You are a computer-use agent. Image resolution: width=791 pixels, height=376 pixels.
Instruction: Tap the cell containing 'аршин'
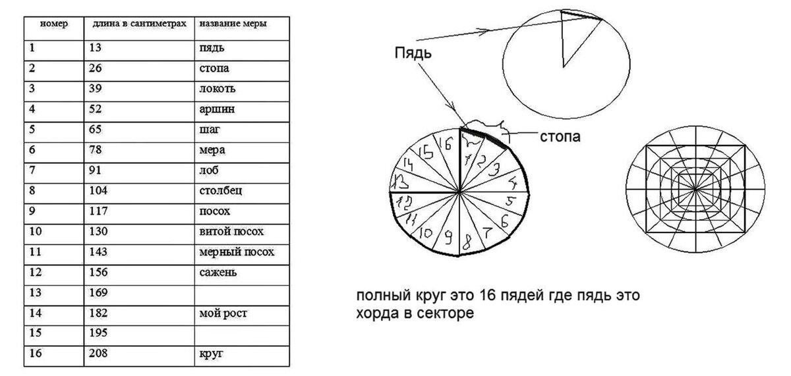pyautogui.click(x=212, y=109)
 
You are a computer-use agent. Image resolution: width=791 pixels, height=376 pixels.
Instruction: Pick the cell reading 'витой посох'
pyautogui.click(x=231, y=232)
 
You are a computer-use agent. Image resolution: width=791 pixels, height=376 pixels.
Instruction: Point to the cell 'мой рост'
pyautogui.click(x=223, y=313)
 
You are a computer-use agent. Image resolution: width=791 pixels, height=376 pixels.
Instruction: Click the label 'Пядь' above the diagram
pyautogui.click(x=413, y=53)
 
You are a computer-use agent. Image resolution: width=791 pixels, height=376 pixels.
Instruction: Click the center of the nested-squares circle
pyautogui.click(x=695, y=190)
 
